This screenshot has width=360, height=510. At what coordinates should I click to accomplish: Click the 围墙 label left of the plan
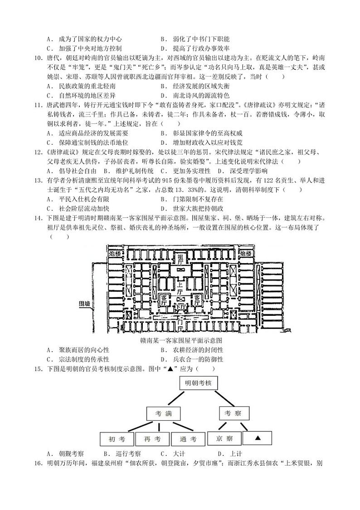85,303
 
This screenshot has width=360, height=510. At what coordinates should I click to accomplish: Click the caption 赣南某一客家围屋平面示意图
181,340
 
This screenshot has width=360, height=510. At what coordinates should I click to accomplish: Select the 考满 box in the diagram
164,413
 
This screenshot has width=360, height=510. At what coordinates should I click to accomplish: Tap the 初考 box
117,439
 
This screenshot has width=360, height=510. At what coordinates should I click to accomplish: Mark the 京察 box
224,438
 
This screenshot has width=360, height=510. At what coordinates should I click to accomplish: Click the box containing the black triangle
257,438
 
